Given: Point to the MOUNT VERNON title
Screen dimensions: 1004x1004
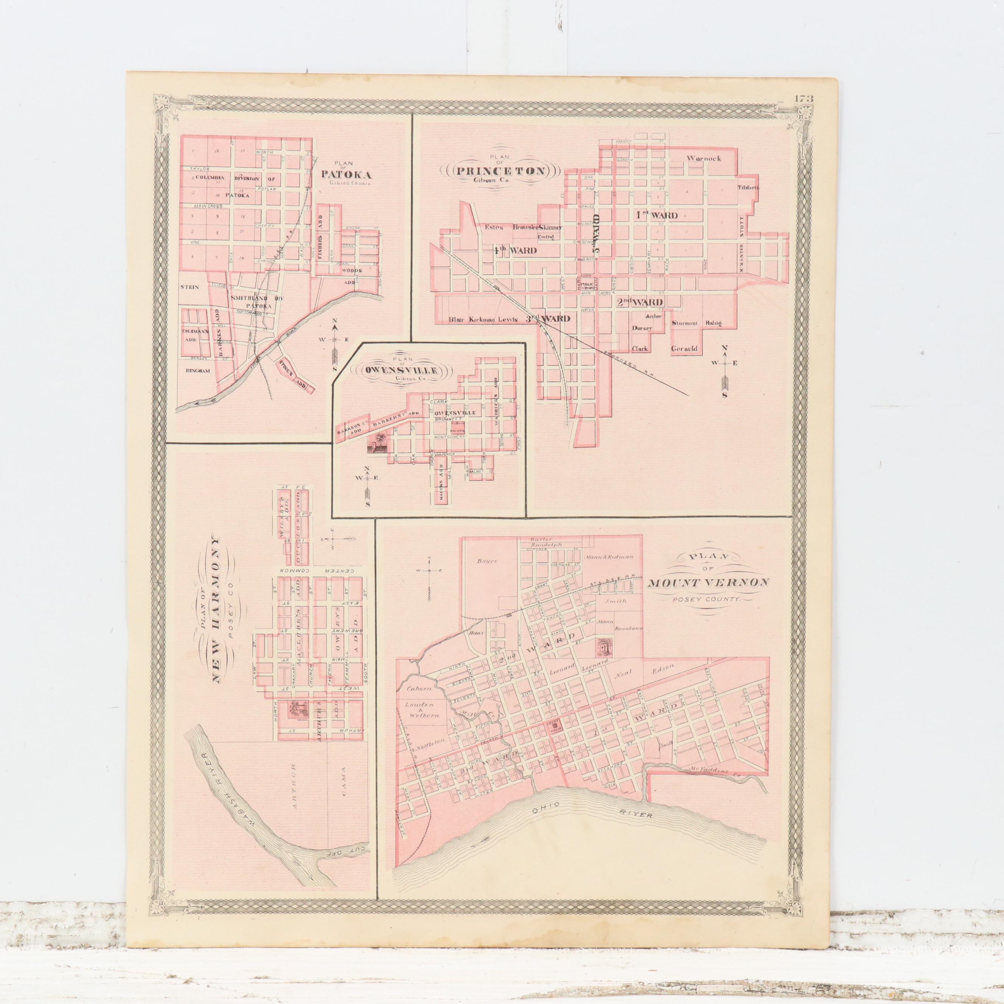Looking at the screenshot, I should coord(708,583).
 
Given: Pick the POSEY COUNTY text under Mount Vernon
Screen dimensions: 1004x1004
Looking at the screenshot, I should coord(708,599).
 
